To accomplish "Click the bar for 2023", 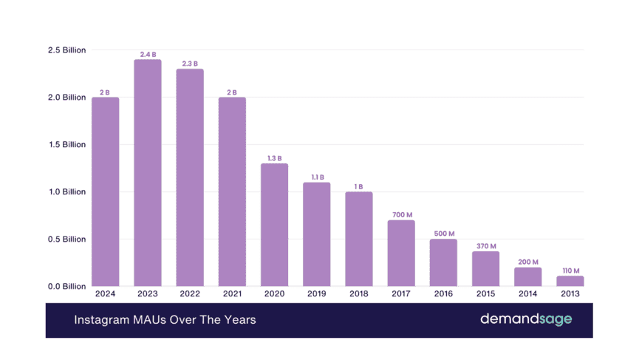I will [148, 173].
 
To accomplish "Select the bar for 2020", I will [274, 225].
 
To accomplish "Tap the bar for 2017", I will [401, 253].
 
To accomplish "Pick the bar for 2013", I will [570, 281].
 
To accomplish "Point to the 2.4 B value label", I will [148, 55].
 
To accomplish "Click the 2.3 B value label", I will [190, 64].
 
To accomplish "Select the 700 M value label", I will [401, 215].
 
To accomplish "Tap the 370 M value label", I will [485, 246].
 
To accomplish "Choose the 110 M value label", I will [570, 271].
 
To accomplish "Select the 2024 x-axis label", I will [106, 294].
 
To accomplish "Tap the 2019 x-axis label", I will [316, 294].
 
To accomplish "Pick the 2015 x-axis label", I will [485, 294].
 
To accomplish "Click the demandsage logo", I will [526, 319].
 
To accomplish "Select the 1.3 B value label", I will [274, 158].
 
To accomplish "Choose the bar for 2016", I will [443, 262].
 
